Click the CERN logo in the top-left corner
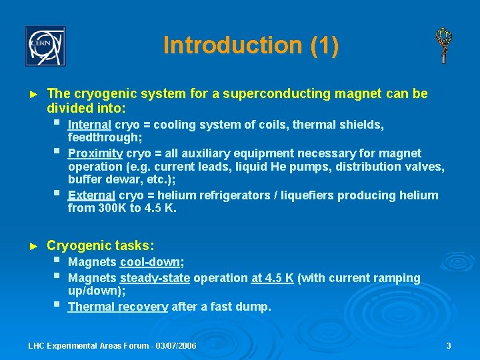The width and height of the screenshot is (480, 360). point(45,46)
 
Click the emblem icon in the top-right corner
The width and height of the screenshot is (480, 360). point(443,45)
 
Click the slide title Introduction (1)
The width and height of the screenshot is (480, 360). point(251,45)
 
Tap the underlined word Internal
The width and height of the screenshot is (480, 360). point(90,125)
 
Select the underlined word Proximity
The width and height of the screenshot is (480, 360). point(95,153)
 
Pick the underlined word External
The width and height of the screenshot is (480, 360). point(91,195)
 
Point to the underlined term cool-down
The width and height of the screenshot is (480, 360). point(151,262)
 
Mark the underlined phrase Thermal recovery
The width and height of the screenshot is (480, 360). point(117,307)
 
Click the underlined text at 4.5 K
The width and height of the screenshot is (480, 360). point(272,277)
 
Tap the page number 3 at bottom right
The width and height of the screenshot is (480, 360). point(449,346)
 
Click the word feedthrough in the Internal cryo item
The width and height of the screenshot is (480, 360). point(103,137)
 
